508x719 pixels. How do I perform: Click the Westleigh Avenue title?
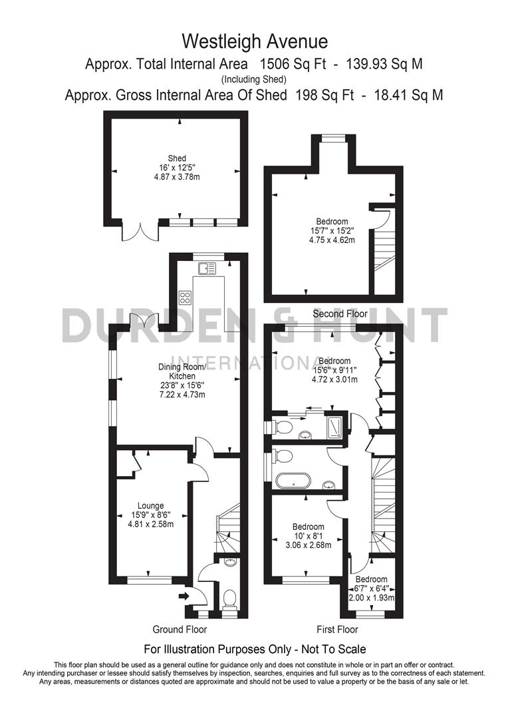coord(255,42)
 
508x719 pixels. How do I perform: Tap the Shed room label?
coord(176,158)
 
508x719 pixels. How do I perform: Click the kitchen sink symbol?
coord(207,269)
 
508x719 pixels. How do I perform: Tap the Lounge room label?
coord(151,505)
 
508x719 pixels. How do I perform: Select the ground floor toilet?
coord(229,599)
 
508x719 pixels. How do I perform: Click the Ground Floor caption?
coord(180,629)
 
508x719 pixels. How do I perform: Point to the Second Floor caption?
coord(340,314)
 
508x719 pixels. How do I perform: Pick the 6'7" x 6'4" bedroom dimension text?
coord(372,589)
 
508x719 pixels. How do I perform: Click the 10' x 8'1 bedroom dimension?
coord(309,536)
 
